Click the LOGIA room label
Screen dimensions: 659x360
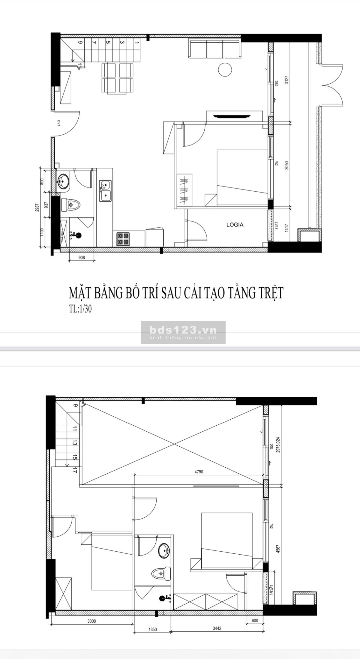(x=235, y=224)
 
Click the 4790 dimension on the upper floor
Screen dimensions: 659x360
(x=199, y=472)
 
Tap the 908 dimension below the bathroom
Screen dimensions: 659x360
(x=81, y=257)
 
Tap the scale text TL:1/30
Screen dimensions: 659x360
(x=80, y=309)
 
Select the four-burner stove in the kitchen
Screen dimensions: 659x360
(x=123, y=239)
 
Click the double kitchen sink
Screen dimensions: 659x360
(x=105, y=191)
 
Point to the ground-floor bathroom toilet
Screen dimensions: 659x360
(x=71, y=205)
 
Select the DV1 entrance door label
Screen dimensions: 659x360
(x=59, y=123)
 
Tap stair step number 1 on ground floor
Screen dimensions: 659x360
(x=136, y=43)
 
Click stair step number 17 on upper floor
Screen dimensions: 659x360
(x=74, y=471)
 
